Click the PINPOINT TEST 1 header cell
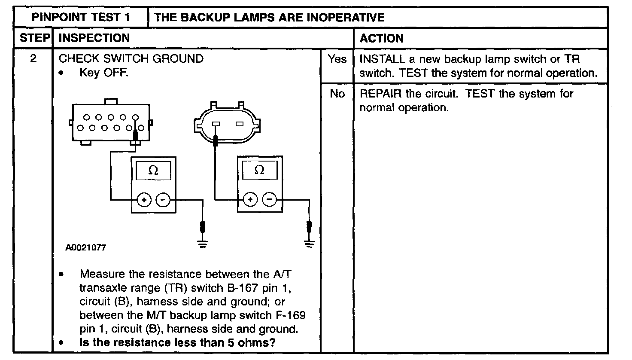coord(81,17)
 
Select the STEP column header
coord(35,38)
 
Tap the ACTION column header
coord(381,39)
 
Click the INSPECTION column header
coord(94,38)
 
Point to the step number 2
coord(33,58)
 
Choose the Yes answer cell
coord(337,59)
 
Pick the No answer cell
coord(337,93)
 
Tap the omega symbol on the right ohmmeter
coord(259,170)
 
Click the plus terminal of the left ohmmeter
coord(144,200)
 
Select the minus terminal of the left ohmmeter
coord(162,200)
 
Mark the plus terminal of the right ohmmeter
coord(250,199)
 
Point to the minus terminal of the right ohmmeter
coord(269,199)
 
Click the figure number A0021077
coord(85,248)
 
